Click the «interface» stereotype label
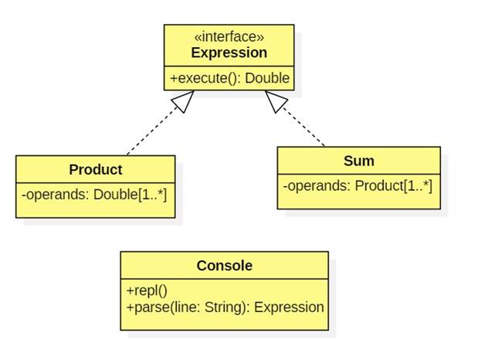[229, 37]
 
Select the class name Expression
[229, 53]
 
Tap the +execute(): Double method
[229, 78]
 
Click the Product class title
[95, 169]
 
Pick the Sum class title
[358, 161]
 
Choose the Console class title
[224, 265]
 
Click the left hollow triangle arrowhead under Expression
[182, 101]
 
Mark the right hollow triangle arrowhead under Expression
[276, 101]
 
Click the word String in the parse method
[225, 307]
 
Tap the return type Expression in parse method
[289, 307]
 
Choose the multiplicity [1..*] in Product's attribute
[152, 194]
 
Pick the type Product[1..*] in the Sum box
[393, 185]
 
